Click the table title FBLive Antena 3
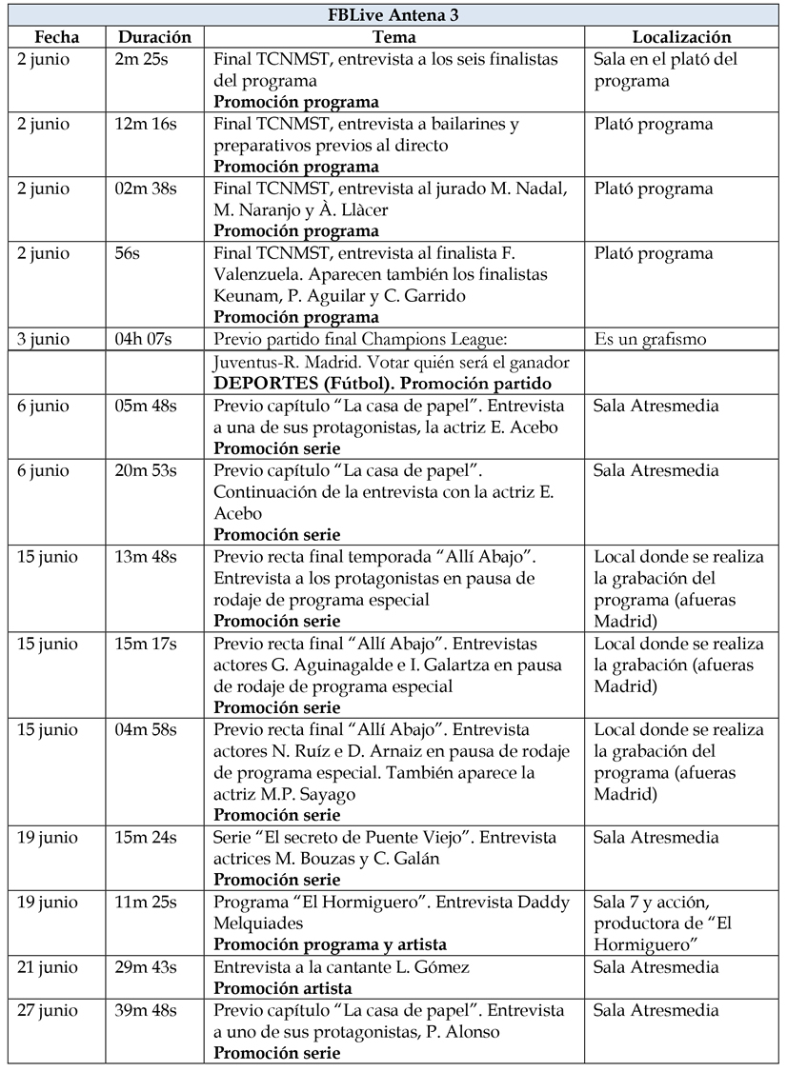tap(393, 14)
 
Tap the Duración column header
tap(154, 37)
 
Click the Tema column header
tap(393, 37)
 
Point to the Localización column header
tap(681, 37)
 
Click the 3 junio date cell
tap(44, 339)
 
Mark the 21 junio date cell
tap(48, 967)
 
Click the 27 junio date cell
tap(48, 1010)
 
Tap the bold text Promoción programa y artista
tap(330, 945)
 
